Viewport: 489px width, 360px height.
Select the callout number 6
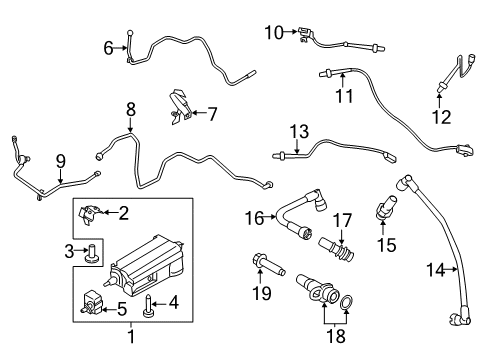(108, 47)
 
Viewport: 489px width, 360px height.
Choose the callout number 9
(60, 159)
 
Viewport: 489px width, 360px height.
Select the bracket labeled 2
(95, 211)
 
